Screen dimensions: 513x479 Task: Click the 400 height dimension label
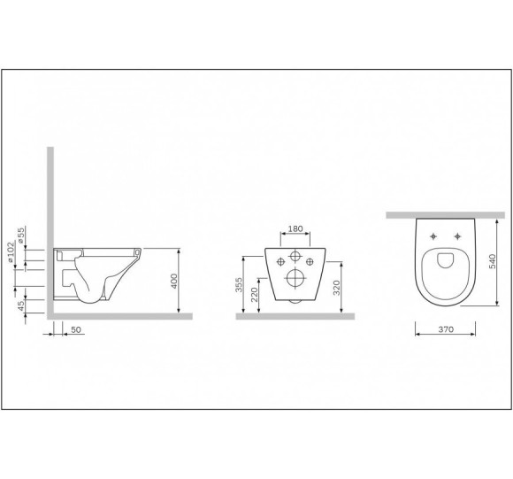pos(174,281)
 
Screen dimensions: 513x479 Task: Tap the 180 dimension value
pos(295,228)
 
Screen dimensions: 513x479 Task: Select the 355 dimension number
pos(239,284)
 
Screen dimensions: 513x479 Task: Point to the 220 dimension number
pos(255,294)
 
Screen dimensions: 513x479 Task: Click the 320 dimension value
pos(336,288)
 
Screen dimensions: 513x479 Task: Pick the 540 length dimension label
pos(492,261)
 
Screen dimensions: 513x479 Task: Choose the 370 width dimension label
pos(446,329)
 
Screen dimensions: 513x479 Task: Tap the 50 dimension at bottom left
pos(75,329)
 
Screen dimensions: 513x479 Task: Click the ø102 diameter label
pos(11,252)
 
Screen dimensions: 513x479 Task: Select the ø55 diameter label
pos(20,236)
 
